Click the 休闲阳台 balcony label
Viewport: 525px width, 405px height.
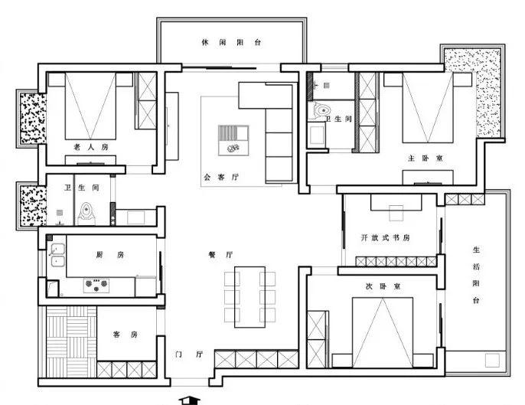231,43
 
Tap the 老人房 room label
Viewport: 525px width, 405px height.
91,147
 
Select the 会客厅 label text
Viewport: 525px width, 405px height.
221,177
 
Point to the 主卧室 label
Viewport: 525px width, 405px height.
426,158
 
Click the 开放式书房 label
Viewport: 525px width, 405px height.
386,237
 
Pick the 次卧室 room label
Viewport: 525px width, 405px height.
383,286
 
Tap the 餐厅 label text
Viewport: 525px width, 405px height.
220,255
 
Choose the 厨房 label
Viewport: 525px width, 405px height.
110,255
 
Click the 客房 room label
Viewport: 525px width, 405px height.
126,335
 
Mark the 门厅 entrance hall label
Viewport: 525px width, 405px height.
189,354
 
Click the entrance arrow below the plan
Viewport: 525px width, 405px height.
190,400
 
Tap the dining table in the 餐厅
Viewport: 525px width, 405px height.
249,297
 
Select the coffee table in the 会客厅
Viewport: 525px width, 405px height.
233,140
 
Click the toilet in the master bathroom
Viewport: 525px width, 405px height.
321,110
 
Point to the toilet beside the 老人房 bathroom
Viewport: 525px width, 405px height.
86,214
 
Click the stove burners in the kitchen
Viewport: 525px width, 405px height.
96,285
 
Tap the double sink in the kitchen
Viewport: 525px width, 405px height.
58,255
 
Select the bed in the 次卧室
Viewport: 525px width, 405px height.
383,332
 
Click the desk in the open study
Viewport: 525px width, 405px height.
396,202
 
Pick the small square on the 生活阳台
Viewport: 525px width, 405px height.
492,360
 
